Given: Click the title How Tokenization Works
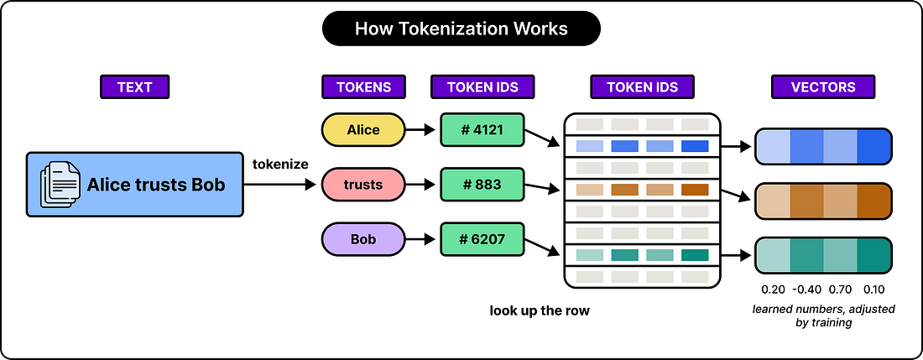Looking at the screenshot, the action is (461, 29).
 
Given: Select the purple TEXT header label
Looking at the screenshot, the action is (135, 87).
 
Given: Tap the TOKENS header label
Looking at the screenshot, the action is (363, 87).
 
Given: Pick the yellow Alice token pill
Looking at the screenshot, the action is (363, 130).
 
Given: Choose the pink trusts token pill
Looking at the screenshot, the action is (363, 185).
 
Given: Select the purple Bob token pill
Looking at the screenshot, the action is (363, 239).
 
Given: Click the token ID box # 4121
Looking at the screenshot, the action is (482, 130).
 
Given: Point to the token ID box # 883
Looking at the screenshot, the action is (482, 185).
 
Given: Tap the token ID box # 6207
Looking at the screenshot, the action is (482, 239).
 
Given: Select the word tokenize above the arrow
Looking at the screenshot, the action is (280, 164).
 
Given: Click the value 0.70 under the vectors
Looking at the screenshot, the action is (841, 289).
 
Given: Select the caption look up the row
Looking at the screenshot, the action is (540, 310).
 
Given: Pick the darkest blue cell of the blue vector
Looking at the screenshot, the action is (874, 147).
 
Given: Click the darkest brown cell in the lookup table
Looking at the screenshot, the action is (695, 190).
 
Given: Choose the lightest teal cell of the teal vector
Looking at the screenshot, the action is (772, 255).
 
